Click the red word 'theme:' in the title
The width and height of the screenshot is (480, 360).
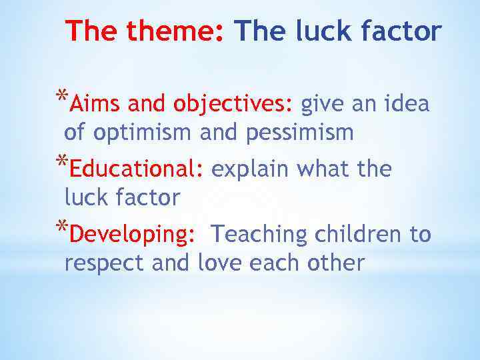point(175,31)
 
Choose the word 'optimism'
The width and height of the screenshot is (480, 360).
point(144,133)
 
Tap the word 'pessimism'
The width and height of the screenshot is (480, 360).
point(299,133)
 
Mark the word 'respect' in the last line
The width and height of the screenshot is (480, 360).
point(104,263)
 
